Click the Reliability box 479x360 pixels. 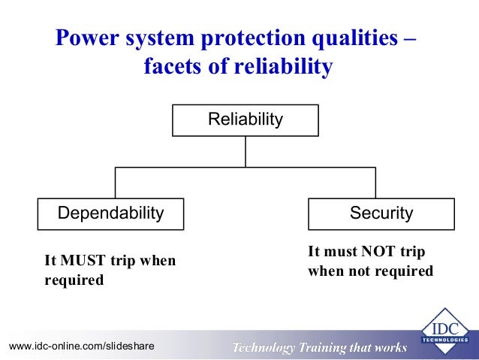pyautogui.click(x=245, y=120)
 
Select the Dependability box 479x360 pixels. pyautogui.click(x=111, y=213)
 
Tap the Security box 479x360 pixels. pyautogui.click(x=381, y=213)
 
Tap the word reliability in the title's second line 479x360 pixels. pyautogui.click(x=283, y=68)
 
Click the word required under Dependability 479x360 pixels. pyautogui.click(x=74, y=281)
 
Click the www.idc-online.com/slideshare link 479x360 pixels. pyautogui.click(x=81, y=346)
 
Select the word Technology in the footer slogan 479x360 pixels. pyautogui.click(x=264, y=347)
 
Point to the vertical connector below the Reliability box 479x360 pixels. pyautogui.click(x=246, y=152)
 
